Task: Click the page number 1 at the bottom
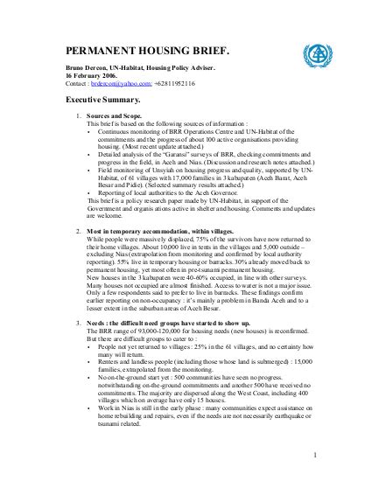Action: click(x=313, y=455)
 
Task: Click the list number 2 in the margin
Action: click(x=80, y=228)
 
